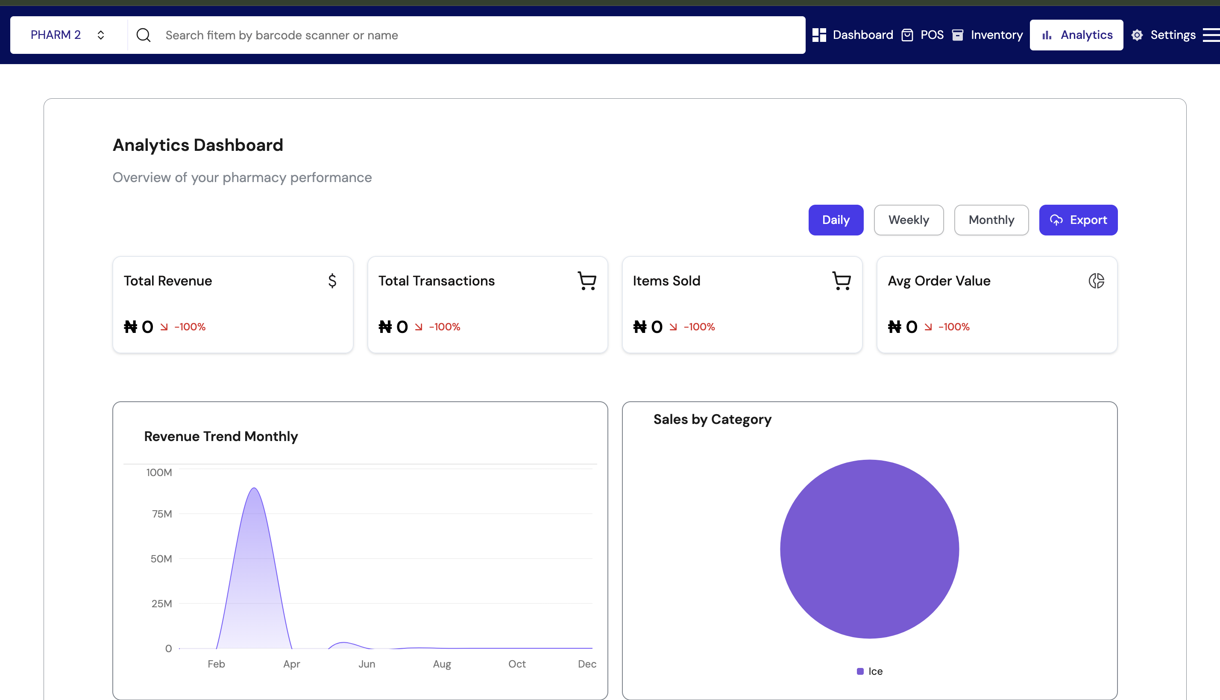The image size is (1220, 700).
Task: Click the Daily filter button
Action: [x=835, y=220]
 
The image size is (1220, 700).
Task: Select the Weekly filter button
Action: [x=908, y=220]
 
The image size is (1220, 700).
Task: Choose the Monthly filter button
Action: [x=991, y=220]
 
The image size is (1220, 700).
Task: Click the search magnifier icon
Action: [x=143, y=35]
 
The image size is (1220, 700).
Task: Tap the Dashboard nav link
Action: [x=853, y=35]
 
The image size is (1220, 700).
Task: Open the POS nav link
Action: [x=923, y=35]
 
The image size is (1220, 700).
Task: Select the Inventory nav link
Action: [x=988, y=35]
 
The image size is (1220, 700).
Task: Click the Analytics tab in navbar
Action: [x=1076, y=35]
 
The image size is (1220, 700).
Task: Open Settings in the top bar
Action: [x=1163, y=35]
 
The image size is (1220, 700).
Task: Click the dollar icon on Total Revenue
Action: [x=332, y=281]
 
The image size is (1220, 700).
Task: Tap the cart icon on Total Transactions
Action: [x=587, y=281]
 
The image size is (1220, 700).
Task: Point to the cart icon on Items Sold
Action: [x=842, y=281]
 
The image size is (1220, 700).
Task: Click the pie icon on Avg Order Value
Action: [x=1096, y=281]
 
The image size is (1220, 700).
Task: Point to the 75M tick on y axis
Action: [x=162, y=514]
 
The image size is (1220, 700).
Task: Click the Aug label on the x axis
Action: [x=442, y=664]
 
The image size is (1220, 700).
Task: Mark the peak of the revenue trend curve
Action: [x=254, y=488]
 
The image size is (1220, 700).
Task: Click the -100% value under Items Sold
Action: [x=699, y=327]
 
